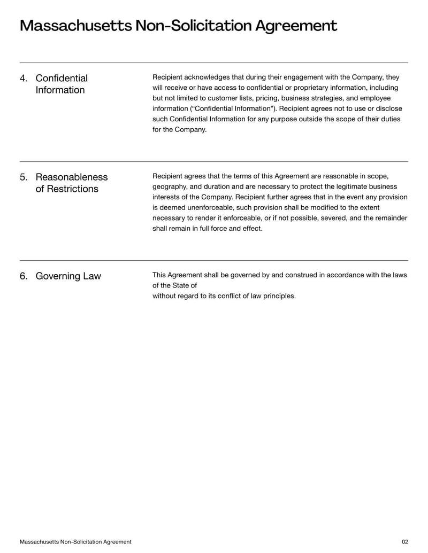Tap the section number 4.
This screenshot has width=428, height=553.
coord(23,79)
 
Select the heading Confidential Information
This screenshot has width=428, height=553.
coord(60,84)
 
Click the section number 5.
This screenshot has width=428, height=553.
coord(23,177)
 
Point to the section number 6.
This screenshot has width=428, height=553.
coord(23,276)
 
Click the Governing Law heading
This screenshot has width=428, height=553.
coord(68,276)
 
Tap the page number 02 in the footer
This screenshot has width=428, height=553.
coord(404,542)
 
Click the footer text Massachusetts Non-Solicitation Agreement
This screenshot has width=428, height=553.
coord(75,542)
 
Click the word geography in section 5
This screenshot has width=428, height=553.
coord(170,186)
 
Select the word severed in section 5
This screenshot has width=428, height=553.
coord(320,218)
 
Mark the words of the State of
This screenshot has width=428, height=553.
coord(174,285)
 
